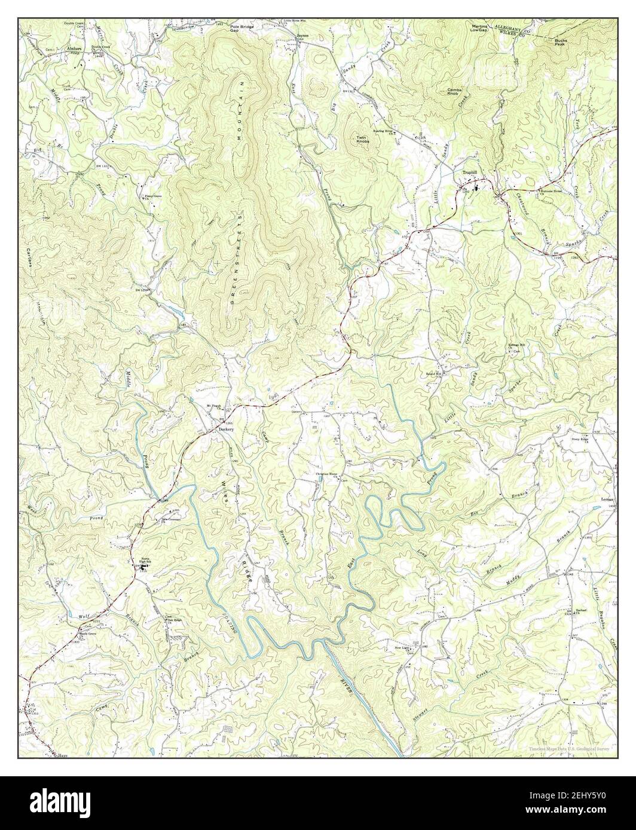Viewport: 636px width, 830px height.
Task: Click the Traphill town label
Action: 471,172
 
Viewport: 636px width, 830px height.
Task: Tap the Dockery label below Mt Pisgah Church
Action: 225,429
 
